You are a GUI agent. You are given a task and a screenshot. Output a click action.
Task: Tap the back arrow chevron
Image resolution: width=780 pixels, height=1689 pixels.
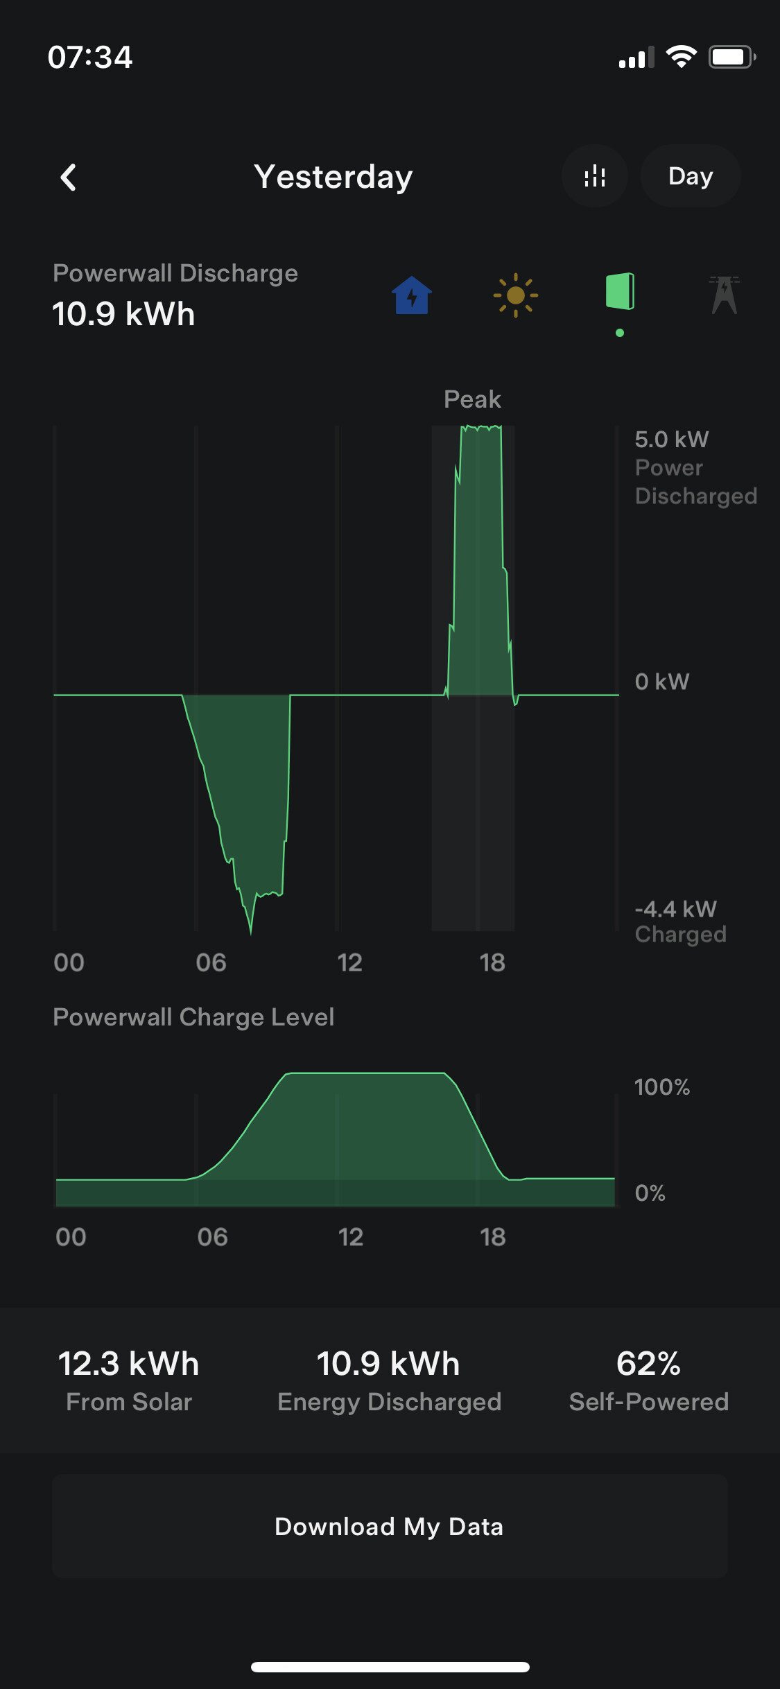click(x=68, y=177)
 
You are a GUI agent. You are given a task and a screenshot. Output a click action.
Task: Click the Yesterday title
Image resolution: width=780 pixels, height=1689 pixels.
click(x=333, y=177)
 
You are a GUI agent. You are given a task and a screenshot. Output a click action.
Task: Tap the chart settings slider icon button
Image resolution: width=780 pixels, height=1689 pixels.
click(x=594, y=177)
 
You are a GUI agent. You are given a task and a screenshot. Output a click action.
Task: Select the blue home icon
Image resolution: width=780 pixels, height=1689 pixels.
click(x=412, y=295)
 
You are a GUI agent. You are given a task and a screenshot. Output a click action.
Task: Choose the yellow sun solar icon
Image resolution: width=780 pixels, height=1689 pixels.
click(x=515, y=295)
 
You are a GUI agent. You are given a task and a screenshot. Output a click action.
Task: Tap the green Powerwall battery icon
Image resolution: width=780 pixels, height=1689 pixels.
click(x=620, y=291)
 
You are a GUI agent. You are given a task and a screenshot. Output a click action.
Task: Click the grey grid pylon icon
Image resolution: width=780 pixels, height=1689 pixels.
click(x=724, y=295)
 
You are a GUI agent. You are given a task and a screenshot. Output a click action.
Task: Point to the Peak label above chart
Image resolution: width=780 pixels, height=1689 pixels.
click(x=472, y=399)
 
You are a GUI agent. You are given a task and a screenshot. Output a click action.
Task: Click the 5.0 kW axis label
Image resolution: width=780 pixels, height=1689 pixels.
click(x=671, y=440)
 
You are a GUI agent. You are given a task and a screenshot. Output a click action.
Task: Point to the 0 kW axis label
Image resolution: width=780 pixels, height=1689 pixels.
click(x=661, y=682)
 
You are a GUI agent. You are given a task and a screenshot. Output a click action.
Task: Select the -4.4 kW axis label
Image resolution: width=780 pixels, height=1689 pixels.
click(x=675, y=909)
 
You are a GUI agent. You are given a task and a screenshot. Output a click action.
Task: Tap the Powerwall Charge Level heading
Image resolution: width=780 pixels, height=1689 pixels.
click(x=193, y=1017)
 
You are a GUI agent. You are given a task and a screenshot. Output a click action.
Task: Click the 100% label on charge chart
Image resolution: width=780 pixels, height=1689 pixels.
click(x=661, y=1087)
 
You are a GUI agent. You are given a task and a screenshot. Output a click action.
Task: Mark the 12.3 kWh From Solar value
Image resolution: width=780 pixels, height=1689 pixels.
click(x=129, y=1364)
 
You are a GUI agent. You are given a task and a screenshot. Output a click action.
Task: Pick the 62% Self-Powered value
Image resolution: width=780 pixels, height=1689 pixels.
click(x=648, y=1364)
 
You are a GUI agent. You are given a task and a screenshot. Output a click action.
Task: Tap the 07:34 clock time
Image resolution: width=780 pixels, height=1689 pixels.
click(x=90, y=58)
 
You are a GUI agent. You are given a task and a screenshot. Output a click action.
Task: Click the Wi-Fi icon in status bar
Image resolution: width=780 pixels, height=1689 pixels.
click(x=681, y=57)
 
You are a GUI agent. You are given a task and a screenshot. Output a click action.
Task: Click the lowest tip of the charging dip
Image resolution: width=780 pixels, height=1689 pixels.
click(x=251, y=933)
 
